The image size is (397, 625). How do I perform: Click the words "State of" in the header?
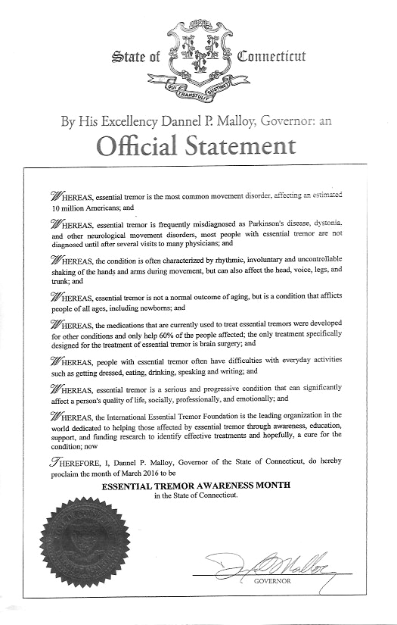pos(135,57)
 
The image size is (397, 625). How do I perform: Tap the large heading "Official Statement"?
pos(198,144)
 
